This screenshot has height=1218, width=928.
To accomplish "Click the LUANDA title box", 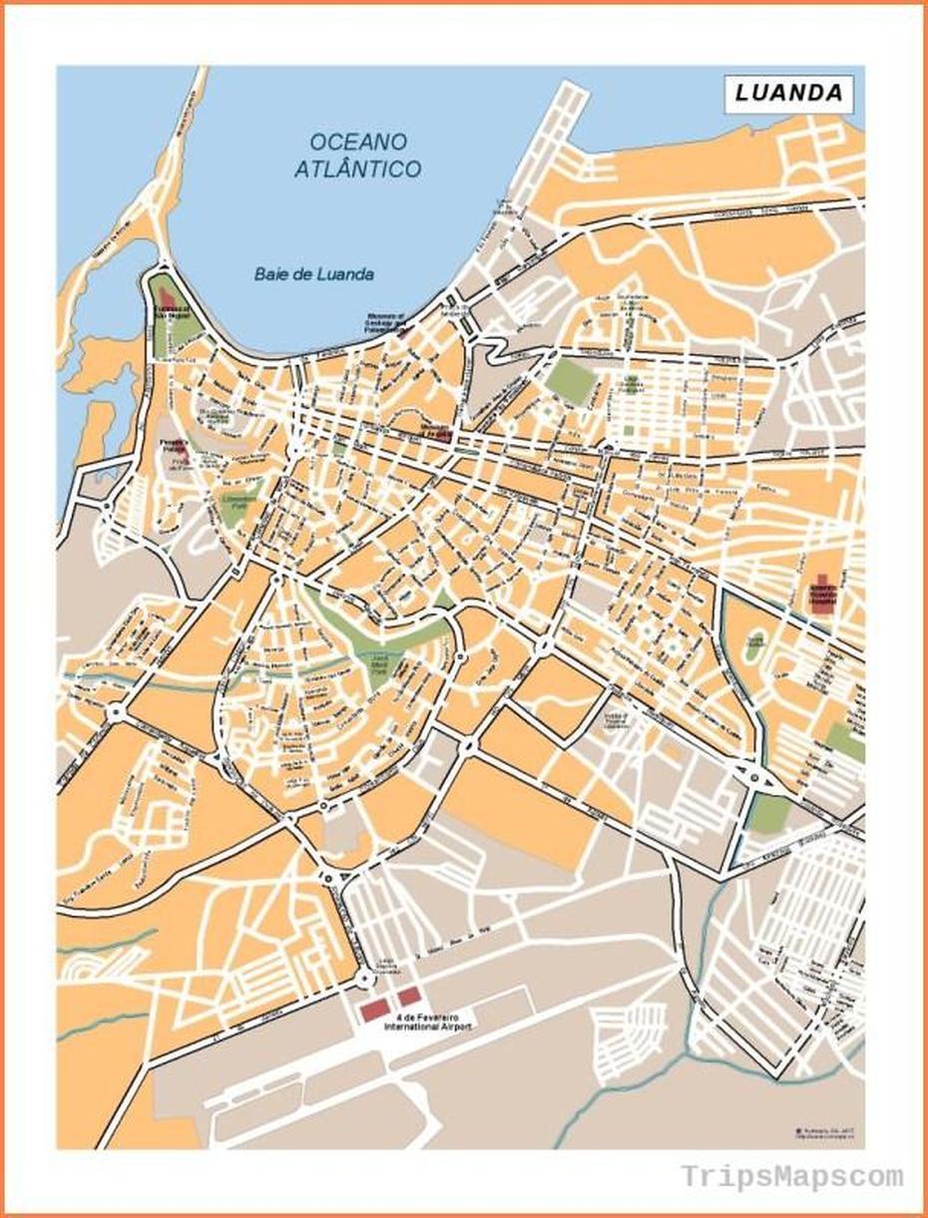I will [788, 94].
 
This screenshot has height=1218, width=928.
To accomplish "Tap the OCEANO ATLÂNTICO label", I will [357, 156].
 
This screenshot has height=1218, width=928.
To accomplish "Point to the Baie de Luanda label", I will [313, 274].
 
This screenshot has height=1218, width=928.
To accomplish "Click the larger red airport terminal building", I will [374, 1011].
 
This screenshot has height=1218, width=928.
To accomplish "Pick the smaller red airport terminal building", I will [409, 997].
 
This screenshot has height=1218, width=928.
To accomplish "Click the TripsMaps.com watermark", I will [792, 1177].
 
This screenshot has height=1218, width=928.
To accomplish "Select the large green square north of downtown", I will [570, 381].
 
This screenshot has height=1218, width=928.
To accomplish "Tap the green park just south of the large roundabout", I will [767, 815].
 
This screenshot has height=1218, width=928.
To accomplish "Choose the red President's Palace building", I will [179, 455].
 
